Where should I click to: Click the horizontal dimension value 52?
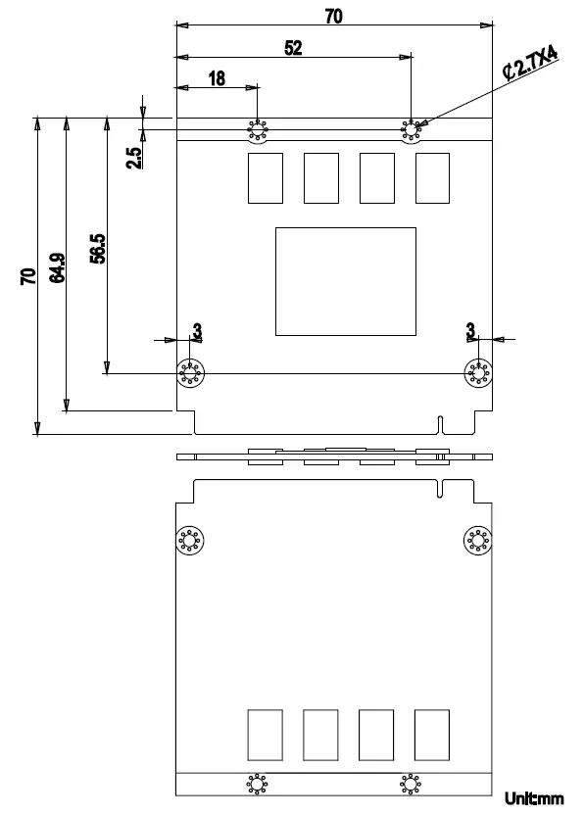click(293, 48)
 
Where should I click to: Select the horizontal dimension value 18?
click(217, 79)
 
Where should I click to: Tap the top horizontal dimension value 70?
click(333, 14)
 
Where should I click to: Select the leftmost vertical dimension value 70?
click(28, 275)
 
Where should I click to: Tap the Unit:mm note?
click(535, 798)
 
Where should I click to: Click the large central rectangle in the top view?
click(345, 281)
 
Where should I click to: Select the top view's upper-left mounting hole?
click(258, 131)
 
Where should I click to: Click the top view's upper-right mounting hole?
click(411, 131)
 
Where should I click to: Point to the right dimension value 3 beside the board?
click(471, 331)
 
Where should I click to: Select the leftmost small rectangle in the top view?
click(266, 177)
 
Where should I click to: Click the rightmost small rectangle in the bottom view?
click(432, 735)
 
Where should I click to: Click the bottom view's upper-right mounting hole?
click(478, 540)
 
